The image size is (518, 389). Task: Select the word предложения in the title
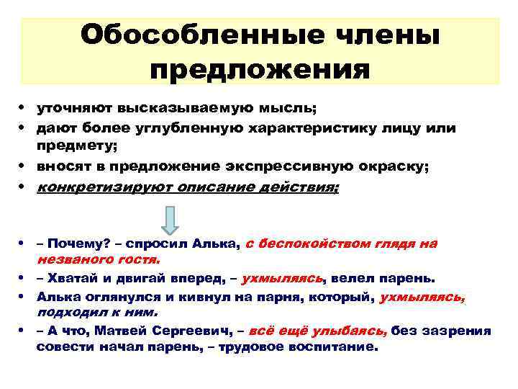point(260,70)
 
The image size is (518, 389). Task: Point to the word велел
point(353,277)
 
